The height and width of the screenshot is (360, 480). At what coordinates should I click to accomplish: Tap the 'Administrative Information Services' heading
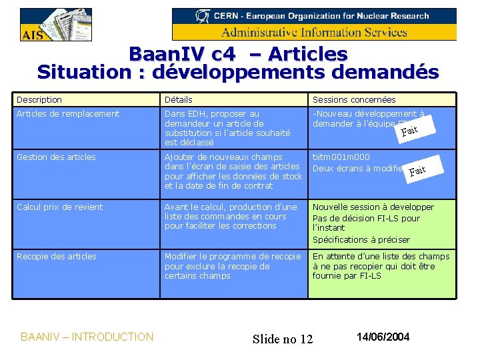tap(314, 32)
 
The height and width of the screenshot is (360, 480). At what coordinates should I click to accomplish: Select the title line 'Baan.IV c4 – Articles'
tap(238, 54)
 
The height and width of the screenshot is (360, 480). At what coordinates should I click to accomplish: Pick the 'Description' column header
tap(39, 100)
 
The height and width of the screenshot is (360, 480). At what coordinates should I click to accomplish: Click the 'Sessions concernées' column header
tap(354, 100)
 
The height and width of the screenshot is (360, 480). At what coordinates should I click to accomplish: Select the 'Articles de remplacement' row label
tap(68, 114)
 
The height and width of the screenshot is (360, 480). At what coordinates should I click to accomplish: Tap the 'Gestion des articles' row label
tap(56, 157)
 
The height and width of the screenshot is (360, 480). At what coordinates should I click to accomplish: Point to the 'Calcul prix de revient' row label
tap(60, 207)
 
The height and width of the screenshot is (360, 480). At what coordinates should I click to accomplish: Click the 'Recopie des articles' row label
tap(57, 257)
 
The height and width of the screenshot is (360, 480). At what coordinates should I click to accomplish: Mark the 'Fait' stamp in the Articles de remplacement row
tap(409, 130)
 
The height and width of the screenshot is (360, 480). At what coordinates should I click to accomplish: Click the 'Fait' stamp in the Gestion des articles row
tap(417, 171)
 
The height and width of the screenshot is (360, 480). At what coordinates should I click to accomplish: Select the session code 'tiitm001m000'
tap(341, 157)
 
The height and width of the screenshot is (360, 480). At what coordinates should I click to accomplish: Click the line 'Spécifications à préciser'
tap(361, 240)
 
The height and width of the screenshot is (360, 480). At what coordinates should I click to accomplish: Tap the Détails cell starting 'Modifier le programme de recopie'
tap(233, 266)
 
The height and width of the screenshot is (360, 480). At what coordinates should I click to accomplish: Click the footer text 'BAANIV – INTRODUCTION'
tap(87, 337)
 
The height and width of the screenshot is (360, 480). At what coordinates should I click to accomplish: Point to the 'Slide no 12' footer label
tap(283, 339)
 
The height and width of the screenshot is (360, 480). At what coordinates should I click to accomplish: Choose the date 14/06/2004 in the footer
tap(383, 337)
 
